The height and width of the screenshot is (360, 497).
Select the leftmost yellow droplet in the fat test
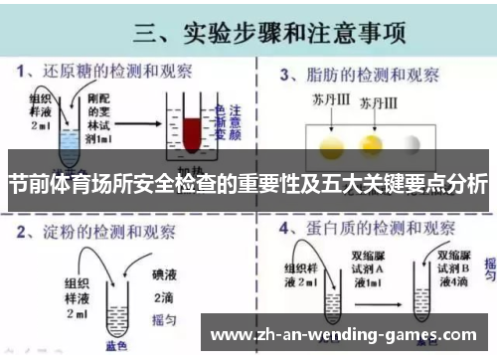point(329,146)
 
